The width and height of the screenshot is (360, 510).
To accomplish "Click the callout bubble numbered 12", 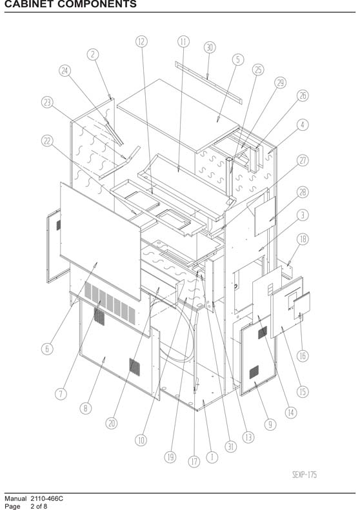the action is point(141,42).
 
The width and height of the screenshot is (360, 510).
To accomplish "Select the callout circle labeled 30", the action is point(210,48).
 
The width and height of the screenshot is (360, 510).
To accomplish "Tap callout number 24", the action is point(65,70).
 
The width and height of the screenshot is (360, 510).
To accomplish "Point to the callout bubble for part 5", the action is point(238,59).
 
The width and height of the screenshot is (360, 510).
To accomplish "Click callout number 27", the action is point(303,161).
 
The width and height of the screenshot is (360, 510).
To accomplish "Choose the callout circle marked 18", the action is point(303,239).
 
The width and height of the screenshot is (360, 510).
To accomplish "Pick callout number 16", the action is point(303,356).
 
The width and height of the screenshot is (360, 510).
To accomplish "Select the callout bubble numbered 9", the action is point(270,424).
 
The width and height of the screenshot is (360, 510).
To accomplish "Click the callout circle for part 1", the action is point(212,457).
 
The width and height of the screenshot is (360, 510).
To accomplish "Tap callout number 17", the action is point(194,461).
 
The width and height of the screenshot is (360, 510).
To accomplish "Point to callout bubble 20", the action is point(112,423).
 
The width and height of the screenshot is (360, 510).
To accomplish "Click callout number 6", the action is point(47,349).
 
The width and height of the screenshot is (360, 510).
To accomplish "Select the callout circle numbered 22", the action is point(47,141).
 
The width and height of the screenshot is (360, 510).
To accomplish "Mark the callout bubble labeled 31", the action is point(230,447).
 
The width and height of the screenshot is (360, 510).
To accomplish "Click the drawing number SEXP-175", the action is point(305,475).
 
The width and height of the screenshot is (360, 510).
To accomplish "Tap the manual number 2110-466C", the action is point(47,498).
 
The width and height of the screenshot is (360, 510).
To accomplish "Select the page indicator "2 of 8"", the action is point(39,506).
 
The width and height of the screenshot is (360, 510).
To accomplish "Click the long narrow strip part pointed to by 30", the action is point(208,83).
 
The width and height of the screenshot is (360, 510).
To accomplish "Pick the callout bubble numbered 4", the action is point(303,124).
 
